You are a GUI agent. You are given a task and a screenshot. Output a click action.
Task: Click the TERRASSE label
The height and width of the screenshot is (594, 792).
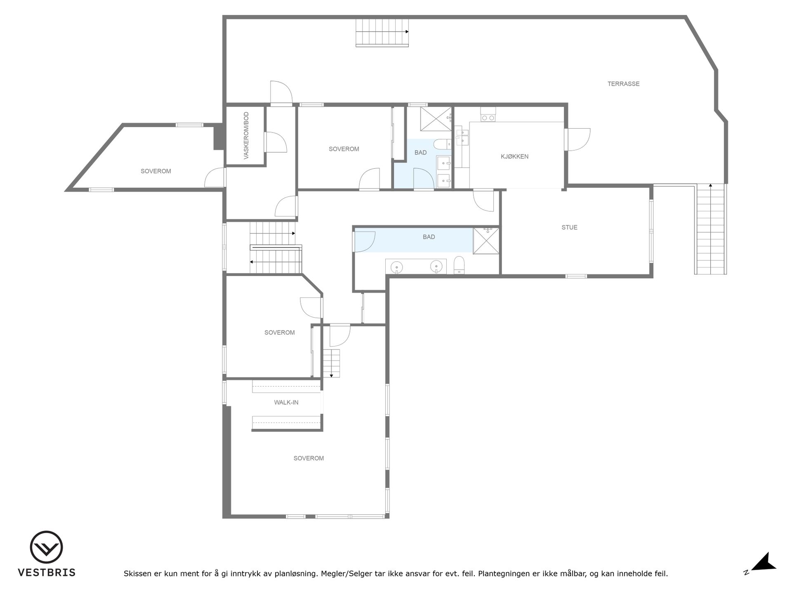pyautogui.click(x=623, y=84)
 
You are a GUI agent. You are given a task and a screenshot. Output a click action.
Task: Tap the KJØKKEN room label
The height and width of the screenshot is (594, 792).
pyautogui.click(x=514, y=157)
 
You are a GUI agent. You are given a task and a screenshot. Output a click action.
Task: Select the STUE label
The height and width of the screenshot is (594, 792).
pyautogui.click(x=569, y=227)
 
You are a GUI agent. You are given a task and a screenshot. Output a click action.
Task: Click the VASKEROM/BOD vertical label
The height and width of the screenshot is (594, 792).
pyautogui.click(x=246, y=135)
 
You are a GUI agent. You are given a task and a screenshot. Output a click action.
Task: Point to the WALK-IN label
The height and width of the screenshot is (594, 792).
pyautogui.click(x=286, y=402)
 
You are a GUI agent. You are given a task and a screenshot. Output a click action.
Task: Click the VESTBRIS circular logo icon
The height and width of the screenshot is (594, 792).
pyautogui.click(x=46, y=547)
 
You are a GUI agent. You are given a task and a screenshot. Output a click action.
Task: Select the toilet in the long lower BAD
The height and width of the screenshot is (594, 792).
pyautogui.click(x=459, y=265)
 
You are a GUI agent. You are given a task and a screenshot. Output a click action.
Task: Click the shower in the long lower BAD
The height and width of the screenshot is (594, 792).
pyautogui.click(x=486, y=240)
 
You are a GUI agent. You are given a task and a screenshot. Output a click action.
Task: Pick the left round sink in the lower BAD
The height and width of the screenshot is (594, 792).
pyautogui.click(x=397, y=266)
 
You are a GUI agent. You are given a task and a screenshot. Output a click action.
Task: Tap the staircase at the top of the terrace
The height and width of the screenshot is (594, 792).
pyautogui.click(x=382, y=32)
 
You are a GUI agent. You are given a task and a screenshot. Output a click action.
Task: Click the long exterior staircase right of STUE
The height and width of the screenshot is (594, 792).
pyautogui.click(x=711, y=229)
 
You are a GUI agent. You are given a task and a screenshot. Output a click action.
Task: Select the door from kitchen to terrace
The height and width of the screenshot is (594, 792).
pyautogui.click(x=577, y=139)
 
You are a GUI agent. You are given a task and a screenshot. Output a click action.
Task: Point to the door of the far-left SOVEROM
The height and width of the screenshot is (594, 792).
pyautogui.click(x=215, y=177)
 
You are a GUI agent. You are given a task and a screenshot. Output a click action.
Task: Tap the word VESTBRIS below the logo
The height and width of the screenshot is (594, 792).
pyautogui.click(x=47, y=573)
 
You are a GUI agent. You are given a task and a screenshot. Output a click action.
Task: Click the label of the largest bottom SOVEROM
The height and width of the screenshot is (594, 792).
pyautogui.click(x=309, y=458)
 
